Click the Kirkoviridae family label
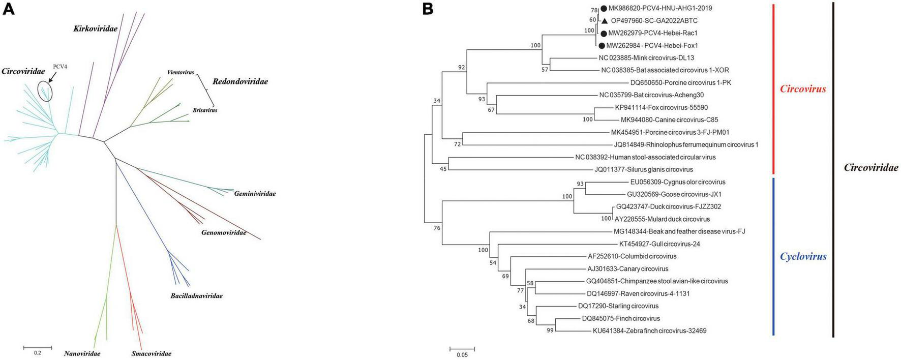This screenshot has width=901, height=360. click(x=95, y=29)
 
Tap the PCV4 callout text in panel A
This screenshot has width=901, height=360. click(x=60, y=66)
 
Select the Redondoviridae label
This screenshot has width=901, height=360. click(x=240, y=81)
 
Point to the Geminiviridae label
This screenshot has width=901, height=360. click(x=255, y=194)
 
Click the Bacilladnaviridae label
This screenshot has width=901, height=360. click(x=196, y=295)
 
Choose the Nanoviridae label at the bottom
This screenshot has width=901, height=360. click(x=82, y=353)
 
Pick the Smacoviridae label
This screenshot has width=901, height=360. click(x=151, y=353)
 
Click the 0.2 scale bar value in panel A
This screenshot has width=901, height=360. click(x=38, y=353)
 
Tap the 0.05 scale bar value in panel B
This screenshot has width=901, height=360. click(x=462, y=355)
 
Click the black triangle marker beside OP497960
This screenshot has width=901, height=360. click(x=604, y=21)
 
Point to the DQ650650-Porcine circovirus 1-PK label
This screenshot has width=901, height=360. click(x=681, y=82)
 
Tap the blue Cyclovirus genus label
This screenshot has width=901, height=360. click(x=803, y=256)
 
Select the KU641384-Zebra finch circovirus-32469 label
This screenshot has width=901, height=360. click(x=649, y=331)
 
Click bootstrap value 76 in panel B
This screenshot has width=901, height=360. click(x=437, y=228)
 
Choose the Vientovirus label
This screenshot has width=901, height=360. click(x=181, y=72)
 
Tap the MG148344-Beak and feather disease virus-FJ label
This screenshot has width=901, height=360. click(x=679, y=231)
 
